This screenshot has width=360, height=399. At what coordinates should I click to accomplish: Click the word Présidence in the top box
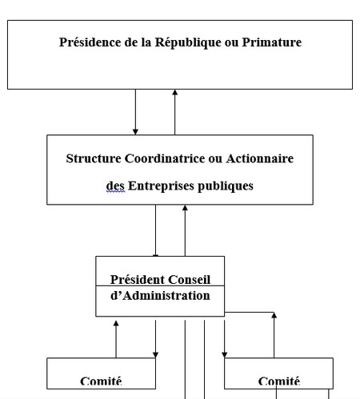[x=90, y=42]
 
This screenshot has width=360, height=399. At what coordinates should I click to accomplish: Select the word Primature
[x=272, y=42]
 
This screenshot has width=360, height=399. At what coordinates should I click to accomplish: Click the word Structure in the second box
[x=94, y=158]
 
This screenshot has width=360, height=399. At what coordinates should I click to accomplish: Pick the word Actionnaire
[x=260, y=158]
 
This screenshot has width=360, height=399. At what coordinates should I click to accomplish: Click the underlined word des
[x=115, y=186]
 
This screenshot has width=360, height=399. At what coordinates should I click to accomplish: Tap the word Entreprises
[x=161, y=186]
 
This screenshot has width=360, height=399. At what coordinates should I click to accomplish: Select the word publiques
[x=226, y=186]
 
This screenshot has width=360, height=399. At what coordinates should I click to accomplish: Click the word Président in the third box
[x=138, y=280]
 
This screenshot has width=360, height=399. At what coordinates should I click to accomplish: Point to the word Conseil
[x=190, y=280]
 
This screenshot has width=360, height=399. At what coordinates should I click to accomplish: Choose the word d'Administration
[x=160, y=296]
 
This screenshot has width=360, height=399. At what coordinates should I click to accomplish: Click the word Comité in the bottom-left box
[x=101, y=381]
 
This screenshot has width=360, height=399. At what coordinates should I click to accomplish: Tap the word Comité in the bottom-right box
[x=279, y=381]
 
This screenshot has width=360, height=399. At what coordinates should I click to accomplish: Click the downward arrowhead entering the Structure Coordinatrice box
[x=135, y=132]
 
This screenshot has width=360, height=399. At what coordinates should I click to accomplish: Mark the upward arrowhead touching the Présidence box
[x=175, y=92]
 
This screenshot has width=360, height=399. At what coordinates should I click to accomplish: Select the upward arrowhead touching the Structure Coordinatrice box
[x=185, y=208]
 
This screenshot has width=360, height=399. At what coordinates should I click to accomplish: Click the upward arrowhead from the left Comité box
[x=116, y=324]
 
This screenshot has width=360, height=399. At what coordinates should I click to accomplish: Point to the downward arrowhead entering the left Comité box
[x=156, y=355]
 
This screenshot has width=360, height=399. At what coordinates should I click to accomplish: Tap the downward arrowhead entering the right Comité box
[x=225, y=355]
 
